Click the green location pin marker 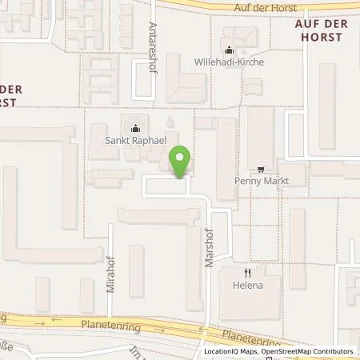pyautogui.click(x=181, y=162)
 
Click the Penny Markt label pyautogui.click(x=262, y=181)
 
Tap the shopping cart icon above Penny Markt pyautogui.click(x=262, y=170)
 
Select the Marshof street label pyautogui.click(x=211, y=255)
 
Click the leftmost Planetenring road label pyautogui.click(x=104, y=326)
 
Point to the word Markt pyautogui.click(x=274, y=181)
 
